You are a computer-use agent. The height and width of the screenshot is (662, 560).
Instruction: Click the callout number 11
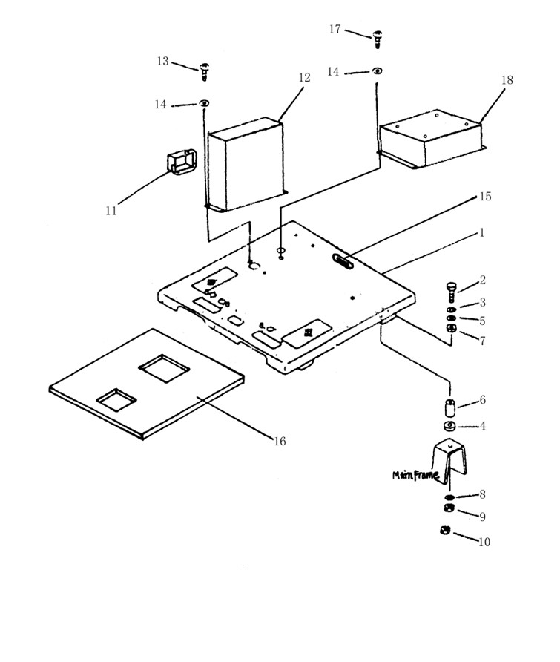click(x=111, y=211)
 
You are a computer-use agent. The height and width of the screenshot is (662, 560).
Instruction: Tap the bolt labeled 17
click(x=377, y=37)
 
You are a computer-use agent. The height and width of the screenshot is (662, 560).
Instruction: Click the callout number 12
click(x=304, y=78)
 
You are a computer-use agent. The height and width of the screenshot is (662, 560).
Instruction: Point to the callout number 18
click(x=507, y=80)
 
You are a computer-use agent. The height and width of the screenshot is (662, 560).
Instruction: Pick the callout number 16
click(x=280, y=442)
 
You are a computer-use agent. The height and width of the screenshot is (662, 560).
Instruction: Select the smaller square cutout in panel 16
click(x=116, y=400)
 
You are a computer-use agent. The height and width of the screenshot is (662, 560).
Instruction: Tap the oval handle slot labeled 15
click(x=343, y=261)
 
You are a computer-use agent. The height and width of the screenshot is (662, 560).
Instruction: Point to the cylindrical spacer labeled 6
click(x=450, y=408)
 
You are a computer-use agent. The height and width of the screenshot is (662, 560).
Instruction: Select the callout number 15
click(x=485, y=197)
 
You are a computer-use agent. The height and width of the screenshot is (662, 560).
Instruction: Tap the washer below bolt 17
click(x=378, y=71)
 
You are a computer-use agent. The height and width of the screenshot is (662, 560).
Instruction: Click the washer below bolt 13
click(x=203, y=102)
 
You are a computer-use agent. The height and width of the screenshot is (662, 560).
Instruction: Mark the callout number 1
click(x=481, y=232)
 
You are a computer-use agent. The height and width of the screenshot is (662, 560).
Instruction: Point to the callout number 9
click(x=482, y=517)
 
